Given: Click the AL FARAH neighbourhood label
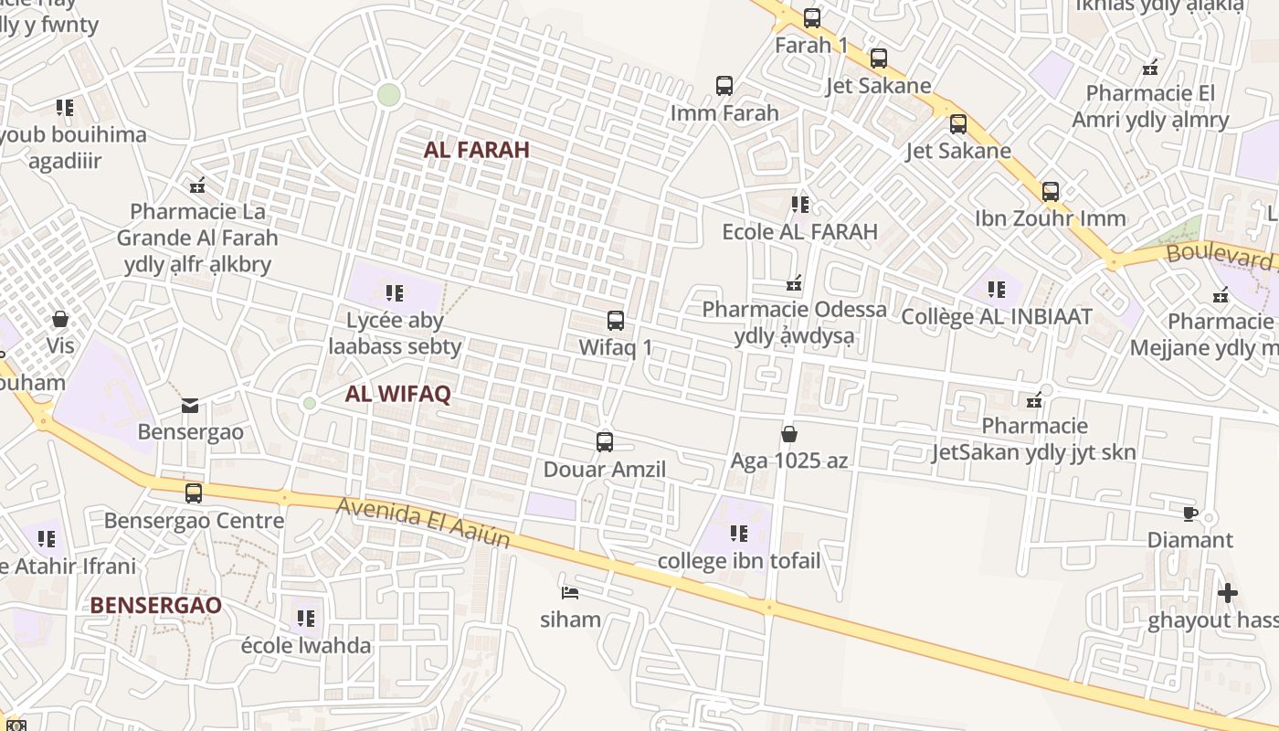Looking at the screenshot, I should pos(476,150).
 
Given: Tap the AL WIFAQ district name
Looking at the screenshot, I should pos(397,395).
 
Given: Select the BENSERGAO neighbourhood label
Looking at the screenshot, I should pos(155,605).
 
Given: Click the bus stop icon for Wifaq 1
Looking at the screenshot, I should pos(616,321).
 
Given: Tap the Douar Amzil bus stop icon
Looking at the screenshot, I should pos(604,442).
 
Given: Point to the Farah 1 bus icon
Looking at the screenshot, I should pos(811,17).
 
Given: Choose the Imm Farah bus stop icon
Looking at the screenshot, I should pos(724,86).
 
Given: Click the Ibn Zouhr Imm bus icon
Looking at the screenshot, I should pos(1051,192).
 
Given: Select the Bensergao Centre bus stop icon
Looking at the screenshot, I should pos(194,493).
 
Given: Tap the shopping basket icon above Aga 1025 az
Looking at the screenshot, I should pos(789,434).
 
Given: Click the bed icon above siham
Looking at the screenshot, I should pos(570,592).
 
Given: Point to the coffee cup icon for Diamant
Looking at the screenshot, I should pos(1189,513).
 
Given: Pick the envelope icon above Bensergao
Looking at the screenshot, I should pos(190,405).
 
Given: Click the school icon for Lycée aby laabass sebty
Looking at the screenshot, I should pos(395,293).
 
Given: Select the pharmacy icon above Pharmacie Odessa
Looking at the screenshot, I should pos(794,283).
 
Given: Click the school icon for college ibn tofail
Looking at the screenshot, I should pos(739,534).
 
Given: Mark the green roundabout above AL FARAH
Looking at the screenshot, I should pos(389,94).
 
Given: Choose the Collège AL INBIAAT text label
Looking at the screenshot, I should pos(997,317).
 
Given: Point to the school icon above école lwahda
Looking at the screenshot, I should pos(305,619).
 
